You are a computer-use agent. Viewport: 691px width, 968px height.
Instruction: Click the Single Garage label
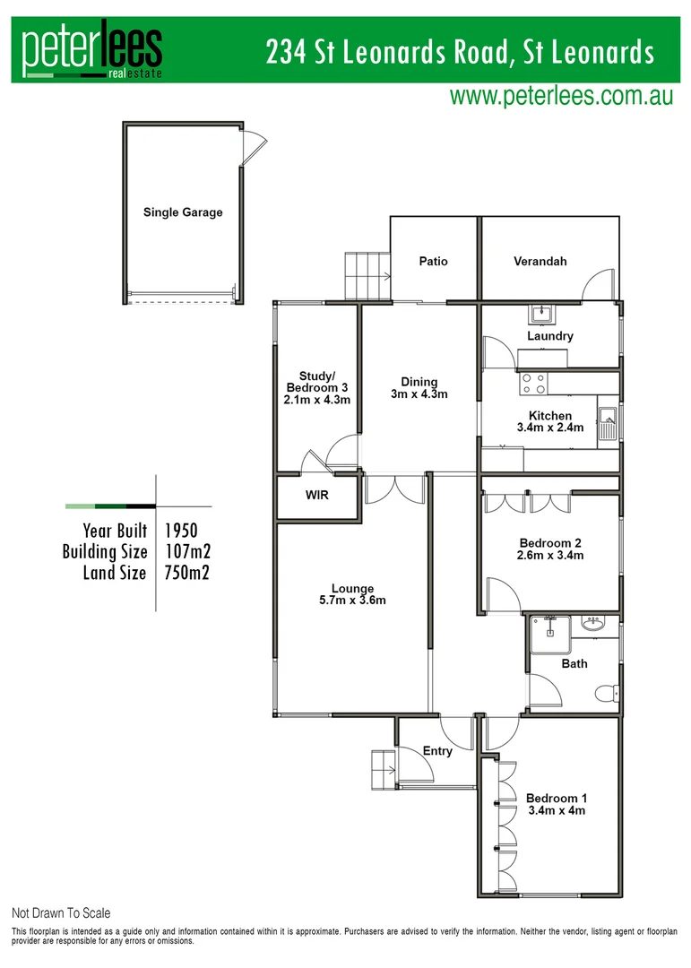click(x=183, y=212)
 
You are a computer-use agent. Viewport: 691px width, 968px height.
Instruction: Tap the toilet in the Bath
click(x=605, y=693)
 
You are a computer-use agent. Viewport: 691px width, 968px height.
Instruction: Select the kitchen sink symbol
click(x=608, y=422)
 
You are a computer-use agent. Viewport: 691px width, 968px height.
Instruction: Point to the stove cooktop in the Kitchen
click(x=534, y=383)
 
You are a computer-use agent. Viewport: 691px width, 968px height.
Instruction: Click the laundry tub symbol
click(x=540, y=315)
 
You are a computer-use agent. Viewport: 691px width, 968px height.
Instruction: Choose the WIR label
click(x=317, y=495)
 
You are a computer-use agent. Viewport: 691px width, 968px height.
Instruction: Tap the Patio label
click(x=433, y=262)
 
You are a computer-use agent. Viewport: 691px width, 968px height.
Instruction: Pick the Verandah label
click(x=540, y=262)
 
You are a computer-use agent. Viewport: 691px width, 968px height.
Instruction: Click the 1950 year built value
click(x=181, y=531)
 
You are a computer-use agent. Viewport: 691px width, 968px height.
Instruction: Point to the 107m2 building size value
click(x=187, y=552)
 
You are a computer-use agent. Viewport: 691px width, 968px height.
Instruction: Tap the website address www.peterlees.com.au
click(x=561, y=97)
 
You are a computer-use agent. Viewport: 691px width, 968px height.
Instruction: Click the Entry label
click(x=437, y=751)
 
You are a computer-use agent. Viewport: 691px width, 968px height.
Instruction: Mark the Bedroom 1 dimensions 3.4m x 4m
click(x=556, y=811)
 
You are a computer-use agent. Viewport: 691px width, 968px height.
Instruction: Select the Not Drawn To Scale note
click(x=61, y=913)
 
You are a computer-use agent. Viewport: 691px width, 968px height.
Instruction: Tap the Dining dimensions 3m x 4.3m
click(x=419, y=394)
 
